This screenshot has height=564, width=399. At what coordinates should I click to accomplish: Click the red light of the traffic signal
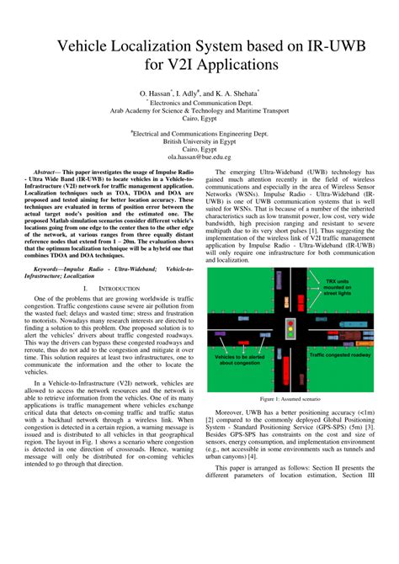pyautogui.click(x=291, y=322)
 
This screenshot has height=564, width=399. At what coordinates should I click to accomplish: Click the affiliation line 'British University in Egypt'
pyautogui.click(x=199, y=141)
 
